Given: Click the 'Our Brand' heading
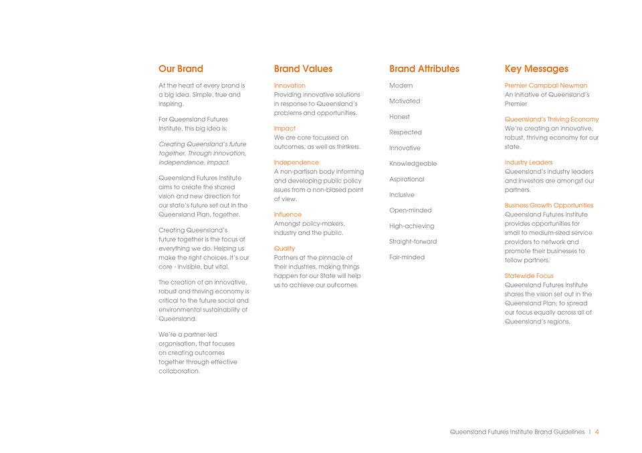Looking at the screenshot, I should [x=181, y=69].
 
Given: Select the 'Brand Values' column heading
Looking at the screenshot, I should [x=303, y=69].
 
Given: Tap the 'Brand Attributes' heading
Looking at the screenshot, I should [x=424, y=69].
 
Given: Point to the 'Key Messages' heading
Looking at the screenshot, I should [x=536, y=69].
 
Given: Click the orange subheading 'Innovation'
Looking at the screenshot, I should [x=290, y=86].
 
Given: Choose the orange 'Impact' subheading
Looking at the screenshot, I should [x=284, y=128].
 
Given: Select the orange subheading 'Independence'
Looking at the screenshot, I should [x=296, y=162].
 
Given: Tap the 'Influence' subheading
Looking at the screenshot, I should [x=288, y=214].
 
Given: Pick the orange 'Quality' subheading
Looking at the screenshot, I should [x=284, y=249].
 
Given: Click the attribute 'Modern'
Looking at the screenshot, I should [x=401, y=86].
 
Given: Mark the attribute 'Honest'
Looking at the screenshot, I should [x=400, y=117].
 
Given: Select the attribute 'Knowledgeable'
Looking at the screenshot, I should [x=413, y=164].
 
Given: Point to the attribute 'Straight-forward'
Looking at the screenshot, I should [x=413, y=242].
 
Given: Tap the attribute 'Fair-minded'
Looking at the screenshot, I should [x=406, y=257].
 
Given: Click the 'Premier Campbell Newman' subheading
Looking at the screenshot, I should [x=546, y=86].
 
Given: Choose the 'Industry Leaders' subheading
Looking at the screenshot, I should [x=528, y=162].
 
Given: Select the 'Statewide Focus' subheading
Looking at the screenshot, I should [x=528, y=276].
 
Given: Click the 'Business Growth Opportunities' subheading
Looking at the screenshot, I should [x=548, y=206].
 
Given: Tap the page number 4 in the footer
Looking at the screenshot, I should [x=597, y=432].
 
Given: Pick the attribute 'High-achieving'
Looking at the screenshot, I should [x=411, y=226].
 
